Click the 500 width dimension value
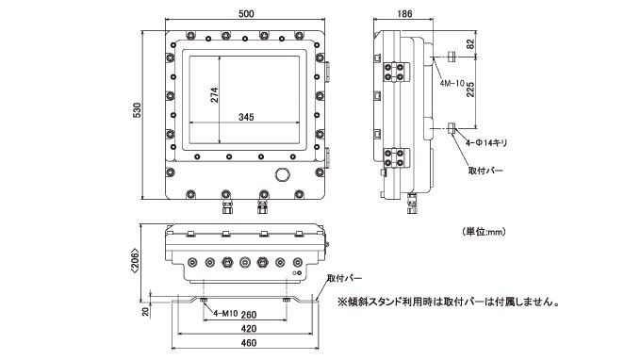tap(246, 13)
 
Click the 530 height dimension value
tap(137, 110)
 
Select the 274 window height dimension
tap(214, 95)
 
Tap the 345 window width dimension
tap(246, 117)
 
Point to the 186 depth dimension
tap(404, 13)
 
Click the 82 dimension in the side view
tap(470, 44)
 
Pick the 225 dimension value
tap(470, 90)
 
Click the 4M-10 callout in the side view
tap(452, 83)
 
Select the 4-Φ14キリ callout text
tap(486, 143)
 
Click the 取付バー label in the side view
tap(485, 171)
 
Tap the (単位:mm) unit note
tap(484, 232)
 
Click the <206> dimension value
tap(135, 261)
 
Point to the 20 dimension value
tap(145, 312)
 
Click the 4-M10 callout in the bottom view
tap(225, 314)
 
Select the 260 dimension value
tap(249, 314)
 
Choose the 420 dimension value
tap(249, 329)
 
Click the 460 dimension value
tap(249, 343)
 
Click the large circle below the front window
tap(282, 174)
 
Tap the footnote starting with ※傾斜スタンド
tap(448, 302)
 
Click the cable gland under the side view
tap(412, 204)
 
